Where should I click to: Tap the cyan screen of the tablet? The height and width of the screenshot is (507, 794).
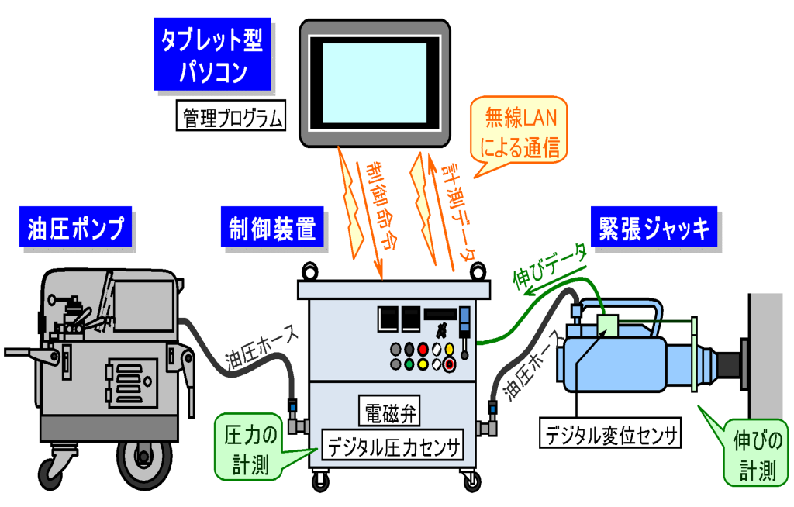(x=375, y=81)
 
